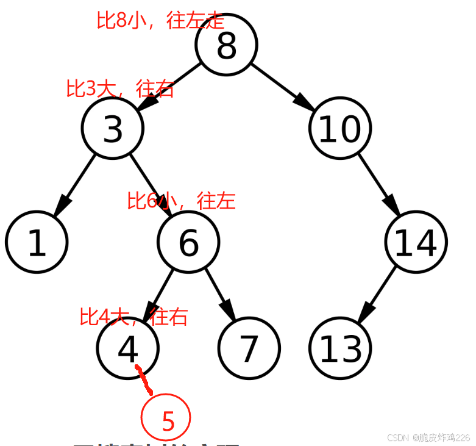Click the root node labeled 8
click(227, 45)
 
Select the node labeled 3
click(113, 129)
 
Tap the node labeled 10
click(339, 129)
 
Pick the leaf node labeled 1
click(37, 242)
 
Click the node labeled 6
click(188, 242)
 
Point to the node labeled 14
click(416, 242)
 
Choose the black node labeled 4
click(128, 348)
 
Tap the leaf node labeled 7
click(249, 348)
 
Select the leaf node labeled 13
click(339, 348)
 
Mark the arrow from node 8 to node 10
click(283, 87)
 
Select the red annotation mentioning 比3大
click(120, 88)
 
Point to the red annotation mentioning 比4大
click(133, 317)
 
